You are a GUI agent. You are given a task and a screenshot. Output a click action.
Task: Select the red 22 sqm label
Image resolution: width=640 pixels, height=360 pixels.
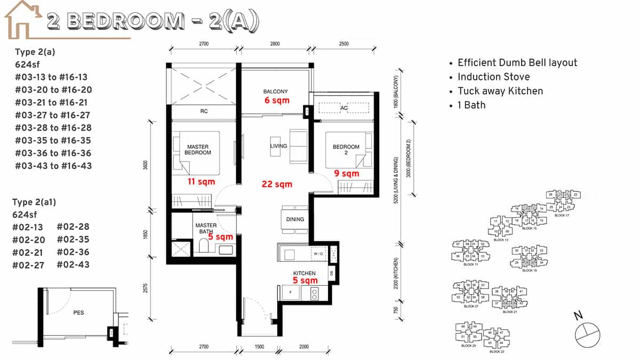click(x=277, y=184)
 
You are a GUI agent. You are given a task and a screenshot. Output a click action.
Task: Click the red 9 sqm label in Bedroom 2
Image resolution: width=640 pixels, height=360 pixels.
click(x=347, y=173)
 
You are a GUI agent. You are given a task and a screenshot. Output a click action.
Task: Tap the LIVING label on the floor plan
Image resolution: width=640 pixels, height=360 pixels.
click(x=278, y=146)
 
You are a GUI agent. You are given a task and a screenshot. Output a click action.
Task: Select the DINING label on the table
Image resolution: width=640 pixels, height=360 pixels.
click(x=295, y=219)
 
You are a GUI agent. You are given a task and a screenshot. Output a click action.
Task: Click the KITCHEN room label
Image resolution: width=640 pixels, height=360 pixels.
click(x=304, y=273)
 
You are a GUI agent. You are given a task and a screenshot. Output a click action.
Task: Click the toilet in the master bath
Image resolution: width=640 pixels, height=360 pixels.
click(x=203, y=247)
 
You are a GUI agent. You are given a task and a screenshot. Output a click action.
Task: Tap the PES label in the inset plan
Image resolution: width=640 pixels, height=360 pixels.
click(x=78, y=313)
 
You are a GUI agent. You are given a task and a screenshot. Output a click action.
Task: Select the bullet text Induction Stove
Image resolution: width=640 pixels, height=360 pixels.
click(x=493, y=77)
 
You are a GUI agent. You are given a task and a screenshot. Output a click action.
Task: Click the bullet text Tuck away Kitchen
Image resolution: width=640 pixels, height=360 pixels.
click(x=500, y=91)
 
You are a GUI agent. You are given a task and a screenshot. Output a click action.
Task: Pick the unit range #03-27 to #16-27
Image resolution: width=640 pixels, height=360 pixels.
click(x=53, y=115)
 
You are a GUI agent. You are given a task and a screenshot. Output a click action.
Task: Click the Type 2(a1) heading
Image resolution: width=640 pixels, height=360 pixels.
click(x=34, y=202)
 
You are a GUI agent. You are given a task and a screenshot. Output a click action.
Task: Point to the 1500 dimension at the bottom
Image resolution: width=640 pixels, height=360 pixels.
click(x=259, y=347)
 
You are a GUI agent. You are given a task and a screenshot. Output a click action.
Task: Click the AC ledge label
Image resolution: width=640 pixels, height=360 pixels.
click(x=344, y=107)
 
